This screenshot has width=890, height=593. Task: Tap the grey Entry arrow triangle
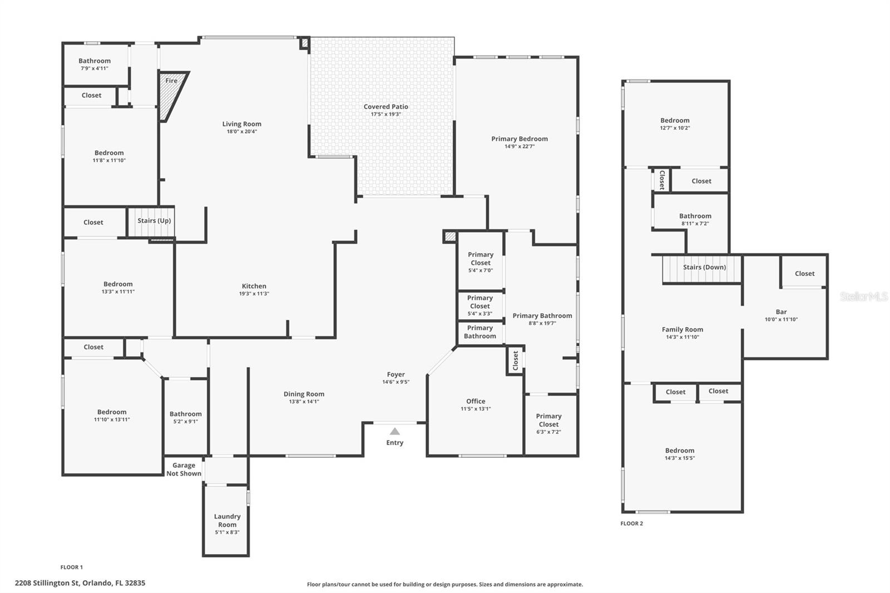(x=394, y=431)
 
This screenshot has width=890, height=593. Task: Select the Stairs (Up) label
(x=154, y=221)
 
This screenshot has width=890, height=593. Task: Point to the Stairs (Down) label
(x=704, y=267)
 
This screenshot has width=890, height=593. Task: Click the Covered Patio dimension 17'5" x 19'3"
(x=386, y=115)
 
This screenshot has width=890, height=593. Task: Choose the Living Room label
(x=241, y=124)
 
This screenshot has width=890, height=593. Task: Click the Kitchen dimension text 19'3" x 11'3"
(x=254, y=294)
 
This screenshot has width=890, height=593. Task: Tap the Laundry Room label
(x=228, y=520)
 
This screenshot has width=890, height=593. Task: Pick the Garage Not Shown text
(x=184, y=470)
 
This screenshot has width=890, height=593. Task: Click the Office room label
(x=476, y=402)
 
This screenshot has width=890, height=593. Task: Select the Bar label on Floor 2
(x=781, y=312)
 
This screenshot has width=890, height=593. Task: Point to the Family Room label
(x=682, y=329)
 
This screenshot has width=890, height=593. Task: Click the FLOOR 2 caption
(x=632, y=523)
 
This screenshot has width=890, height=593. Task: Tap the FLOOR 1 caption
(x=72, y=567)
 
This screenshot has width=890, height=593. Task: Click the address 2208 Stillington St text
(x=47, y=583)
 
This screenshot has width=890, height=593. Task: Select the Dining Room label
(x=304, y=394)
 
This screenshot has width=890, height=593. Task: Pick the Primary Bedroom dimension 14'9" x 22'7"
(x=520, y=147)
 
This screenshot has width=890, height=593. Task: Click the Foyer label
(x=395, y=374)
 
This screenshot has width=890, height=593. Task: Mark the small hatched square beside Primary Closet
(x=450, y=236)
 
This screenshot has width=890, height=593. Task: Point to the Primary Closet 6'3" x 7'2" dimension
(x=548, y=432)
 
